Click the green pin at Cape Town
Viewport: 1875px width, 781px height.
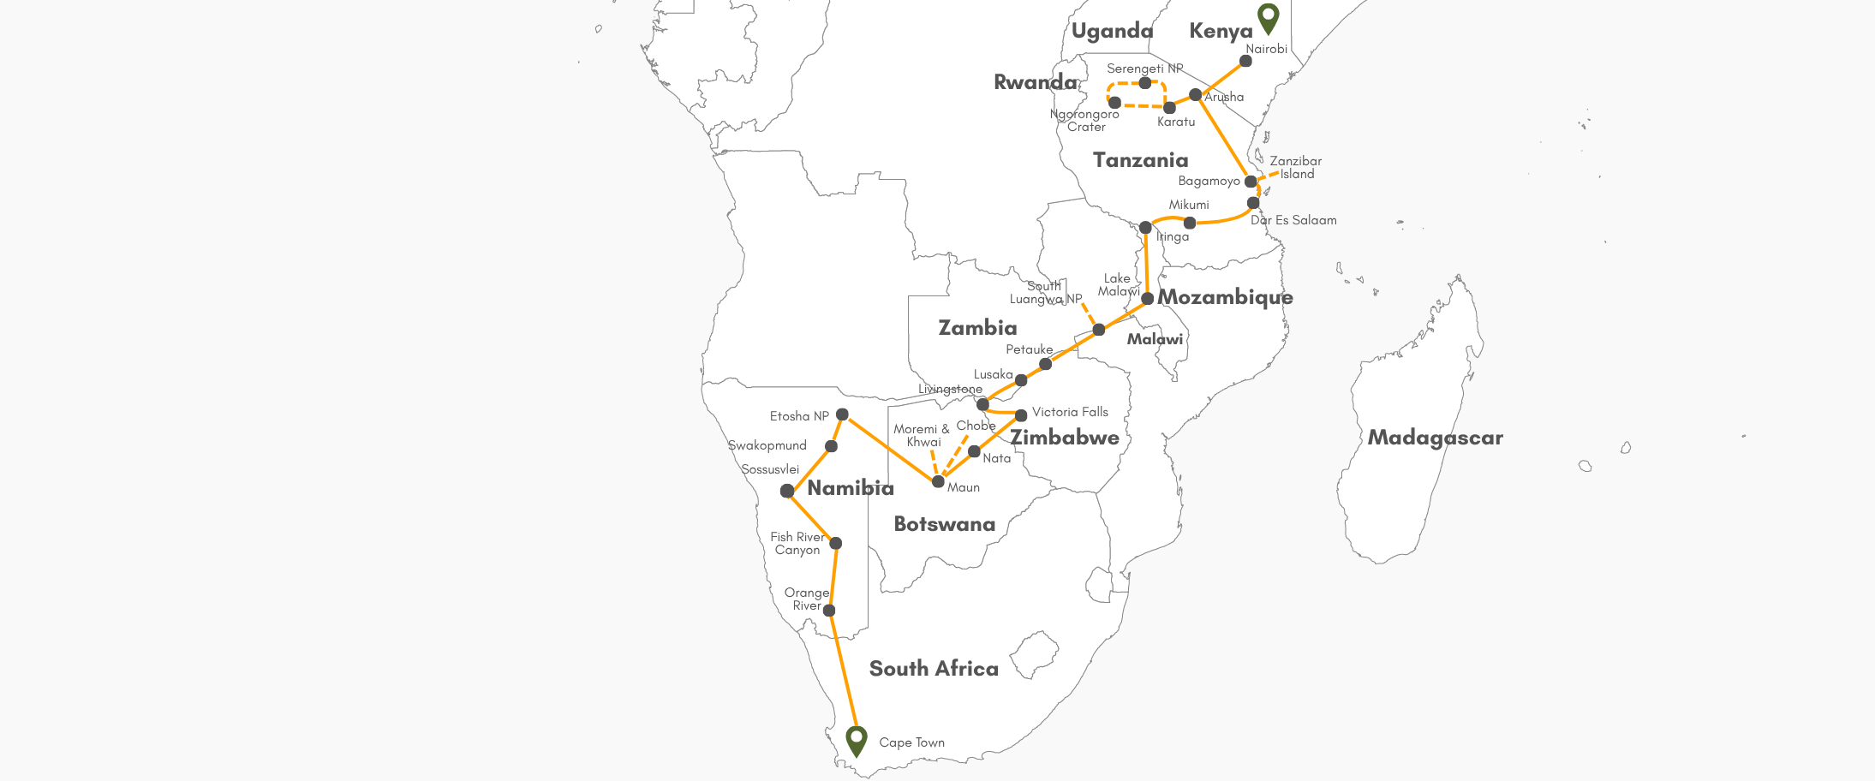click(x=856, y=739)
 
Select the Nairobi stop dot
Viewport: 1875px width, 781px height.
click(x=1245, y=61)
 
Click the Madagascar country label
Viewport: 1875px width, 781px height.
click(x=1435, y=438)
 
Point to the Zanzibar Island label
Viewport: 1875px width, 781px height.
click(x=1295, y=167)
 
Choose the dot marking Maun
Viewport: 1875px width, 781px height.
click(x=938, y=481)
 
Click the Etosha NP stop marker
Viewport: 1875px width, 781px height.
click(x=842, y=414)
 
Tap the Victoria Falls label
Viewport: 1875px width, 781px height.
click(x=1070, y=412)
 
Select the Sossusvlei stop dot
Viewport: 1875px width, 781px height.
click(x=787, y=491)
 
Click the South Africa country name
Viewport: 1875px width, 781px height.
click(x=934, y=669)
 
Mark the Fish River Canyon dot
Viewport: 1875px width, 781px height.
click(x=836, y=543)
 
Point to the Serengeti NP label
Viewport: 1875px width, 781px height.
click(x=1144, y=69)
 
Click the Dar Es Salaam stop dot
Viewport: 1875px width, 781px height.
click(x=1253, y=203)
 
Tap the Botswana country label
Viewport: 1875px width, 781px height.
click(x=944, y=524)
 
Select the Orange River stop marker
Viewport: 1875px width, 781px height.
click(x=829, y=611)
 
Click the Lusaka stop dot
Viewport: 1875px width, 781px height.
click(x=1021, y=380)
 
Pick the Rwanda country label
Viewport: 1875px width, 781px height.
click(x=1035, y=82)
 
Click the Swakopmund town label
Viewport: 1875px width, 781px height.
click(x=767, y=445)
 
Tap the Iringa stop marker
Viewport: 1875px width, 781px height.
click(x=1145, y=228)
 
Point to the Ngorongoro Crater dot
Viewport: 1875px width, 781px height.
click(x=1114, y=103)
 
